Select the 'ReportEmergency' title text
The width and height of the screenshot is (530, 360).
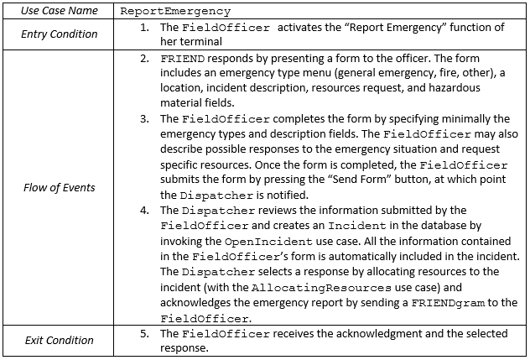175,12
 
